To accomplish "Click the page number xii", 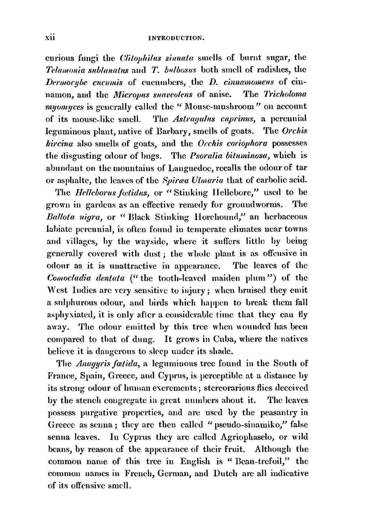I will pos(50,38).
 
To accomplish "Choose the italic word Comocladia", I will pos(69,278).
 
